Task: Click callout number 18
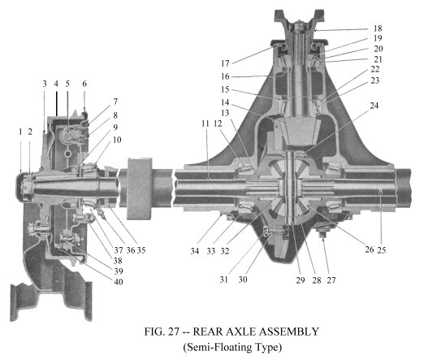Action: tap(378, 28)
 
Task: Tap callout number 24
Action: tap(374, 106)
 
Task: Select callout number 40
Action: tap(119, 282)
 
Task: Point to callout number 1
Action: tap(20, 132)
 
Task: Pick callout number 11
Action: tap(206, 124)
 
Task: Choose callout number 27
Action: tap(331, 280)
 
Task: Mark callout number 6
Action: tap(84, 84)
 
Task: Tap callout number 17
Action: tap(225, 63)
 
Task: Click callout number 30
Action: tap(243, 280)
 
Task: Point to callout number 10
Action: tap(117, 140)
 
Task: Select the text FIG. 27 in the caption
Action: tap(162, 332)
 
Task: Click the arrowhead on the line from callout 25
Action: tap(381, 192)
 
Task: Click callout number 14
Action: tap(225, 102)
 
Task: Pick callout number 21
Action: tap(378, 59)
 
